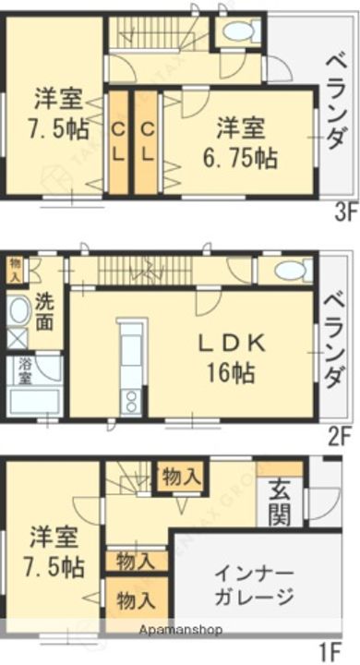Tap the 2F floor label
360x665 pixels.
click(341, 433)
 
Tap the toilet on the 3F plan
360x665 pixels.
click(237, 32)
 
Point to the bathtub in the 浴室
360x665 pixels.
click(35, 403)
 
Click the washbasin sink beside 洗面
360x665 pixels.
click(17, 310)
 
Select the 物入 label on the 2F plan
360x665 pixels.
click(15, 267)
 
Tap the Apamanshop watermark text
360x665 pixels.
click(181, 630)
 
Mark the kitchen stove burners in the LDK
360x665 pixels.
click(130, 400)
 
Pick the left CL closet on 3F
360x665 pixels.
click(119, 142)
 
